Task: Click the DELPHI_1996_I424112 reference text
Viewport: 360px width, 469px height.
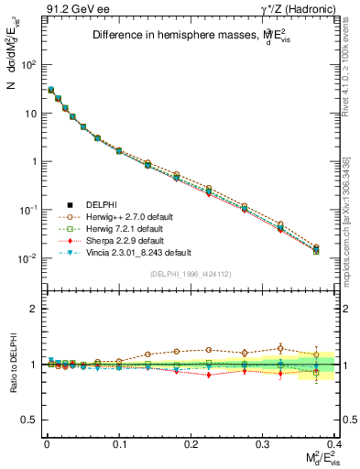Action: (191, 274)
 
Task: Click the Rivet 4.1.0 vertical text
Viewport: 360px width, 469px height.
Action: (353, 64)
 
